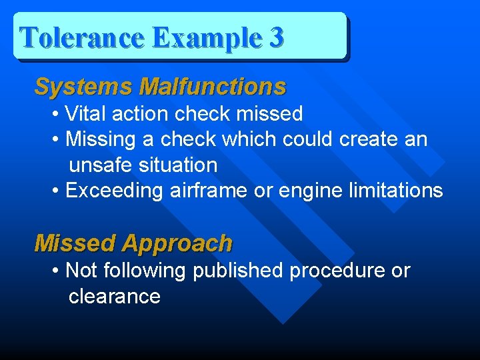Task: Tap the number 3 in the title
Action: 275,38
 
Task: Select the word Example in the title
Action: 207,39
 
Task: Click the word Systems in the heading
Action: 84,87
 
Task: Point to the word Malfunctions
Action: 213,87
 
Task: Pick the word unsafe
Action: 101,165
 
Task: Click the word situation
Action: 178,165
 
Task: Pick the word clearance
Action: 115,296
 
